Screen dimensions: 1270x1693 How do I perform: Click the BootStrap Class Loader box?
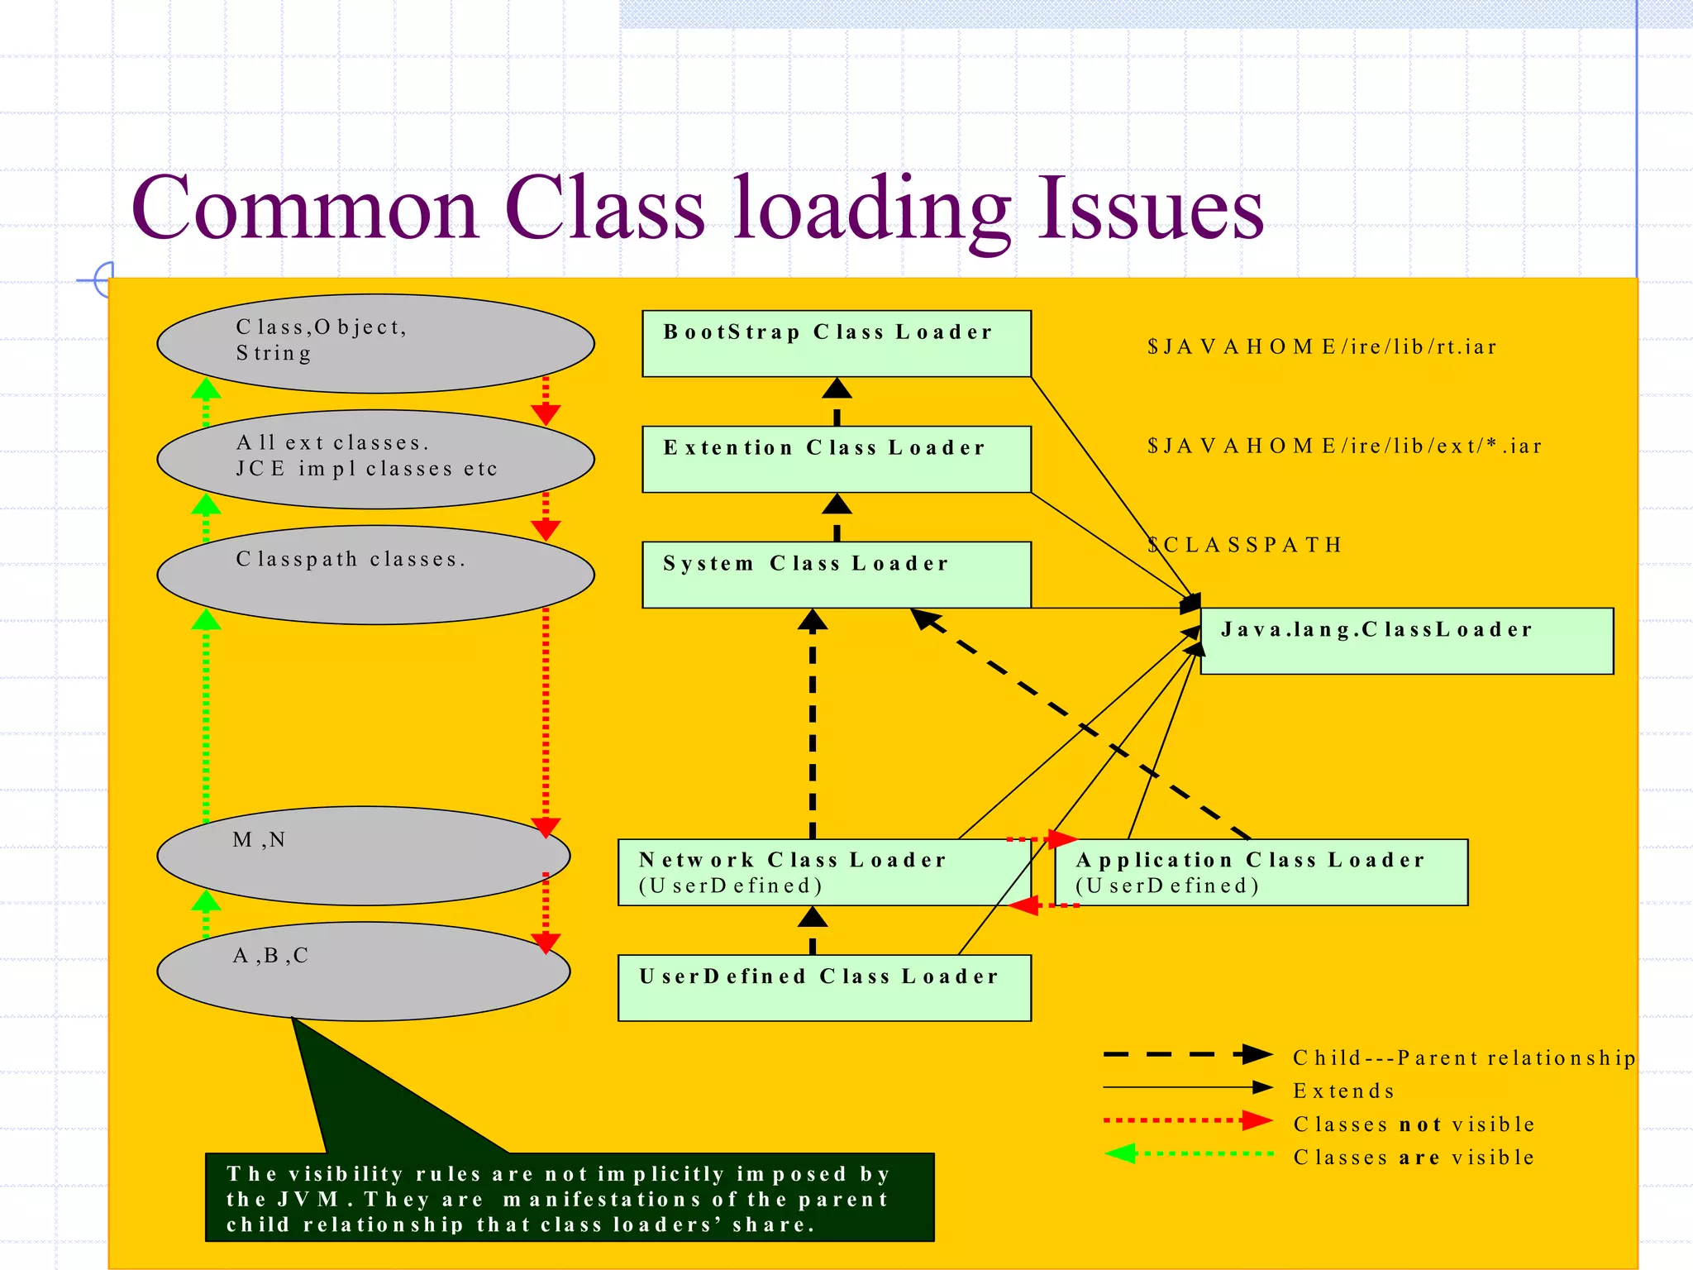click(836, 343)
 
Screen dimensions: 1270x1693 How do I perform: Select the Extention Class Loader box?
click(836, 459)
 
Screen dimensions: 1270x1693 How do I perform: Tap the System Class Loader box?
click(836, 575)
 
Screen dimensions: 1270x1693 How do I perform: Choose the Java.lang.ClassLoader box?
click(1406, 641)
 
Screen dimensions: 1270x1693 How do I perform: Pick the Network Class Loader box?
click(824, 872)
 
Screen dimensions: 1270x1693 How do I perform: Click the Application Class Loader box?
click(1261, 872)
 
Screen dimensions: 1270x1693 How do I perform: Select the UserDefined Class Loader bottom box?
click(824, 987)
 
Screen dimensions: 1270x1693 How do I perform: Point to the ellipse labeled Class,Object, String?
click(375, 343)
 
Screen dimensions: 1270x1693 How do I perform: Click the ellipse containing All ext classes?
click(375, 459)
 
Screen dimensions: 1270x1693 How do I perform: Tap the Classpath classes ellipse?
click(375, 575)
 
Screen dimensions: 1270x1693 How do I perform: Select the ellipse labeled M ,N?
click(363, 856)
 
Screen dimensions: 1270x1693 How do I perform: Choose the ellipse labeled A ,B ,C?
click(363, 972)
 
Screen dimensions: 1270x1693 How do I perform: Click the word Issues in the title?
click(1151, 208)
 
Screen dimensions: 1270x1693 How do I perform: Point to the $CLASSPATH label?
click(1244, 545)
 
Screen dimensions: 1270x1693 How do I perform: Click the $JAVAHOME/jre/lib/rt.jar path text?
click(1322, 346)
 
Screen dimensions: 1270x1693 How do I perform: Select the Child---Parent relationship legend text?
click(1464, 1058)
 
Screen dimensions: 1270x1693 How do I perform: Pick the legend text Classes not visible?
click(1414, 1124)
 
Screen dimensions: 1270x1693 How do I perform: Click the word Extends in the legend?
click(1344, 1091)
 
